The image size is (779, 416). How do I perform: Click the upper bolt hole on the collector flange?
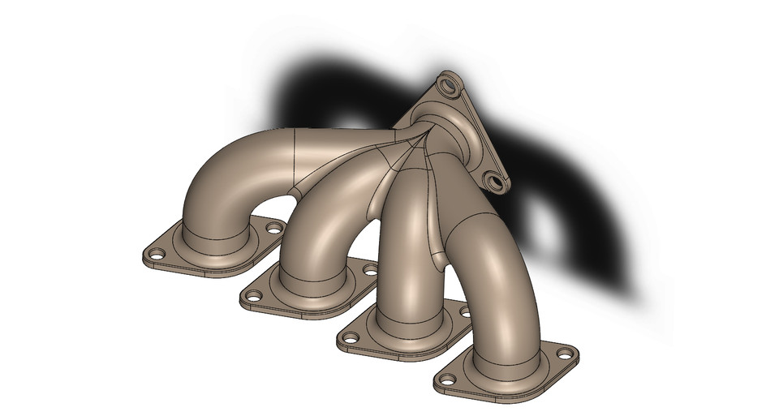[x=447, y=84]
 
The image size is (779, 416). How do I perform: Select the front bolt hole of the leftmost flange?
[x=153, y=257]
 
